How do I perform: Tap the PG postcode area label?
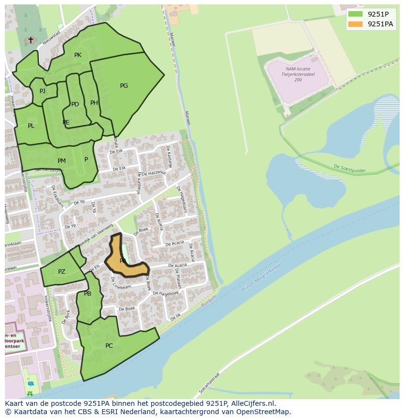pyautogui.click(x=124, y=86)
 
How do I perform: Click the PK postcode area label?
pyautogui.click(x=78, y=55)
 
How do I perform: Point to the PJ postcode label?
pyautogui.click(x=42, y=91)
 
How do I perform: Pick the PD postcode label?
pyautogui.click(x=75, y=104)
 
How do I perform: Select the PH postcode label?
pyautogui.click(x=94, y=103)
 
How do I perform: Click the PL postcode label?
pyautogui.click(x=31, y=126)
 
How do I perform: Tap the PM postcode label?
pyautogui.click(x=61, y=161)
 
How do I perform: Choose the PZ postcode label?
pyautogui.click(x=61, y=272)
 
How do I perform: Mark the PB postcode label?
pyautogui.click(x=87, y=294)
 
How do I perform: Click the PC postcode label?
pyautogui.click(x=109, y=346)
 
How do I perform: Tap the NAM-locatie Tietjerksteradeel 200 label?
pyautogui.click(x=298, y=74)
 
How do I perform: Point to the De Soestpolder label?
pyautogui.click(x=349, y=168)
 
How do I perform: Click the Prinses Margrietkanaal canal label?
pyautogui.click(x=262, y=280)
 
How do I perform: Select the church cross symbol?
pyautogui.click(x=31, y=40)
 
